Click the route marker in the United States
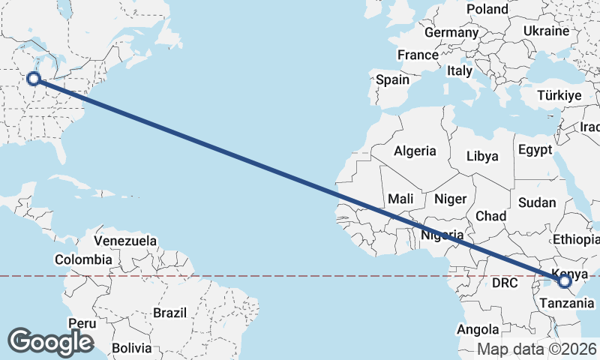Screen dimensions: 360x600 click(33, 79)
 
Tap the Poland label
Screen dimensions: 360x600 click(487, 9)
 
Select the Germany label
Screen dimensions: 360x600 click(451, 33)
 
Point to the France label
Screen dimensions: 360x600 click(418, 55)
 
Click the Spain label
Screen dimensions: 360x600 click(392, 79)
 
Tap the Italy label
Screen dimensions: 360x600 click(460, 70)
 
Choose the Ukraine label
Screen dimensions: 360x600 click(546, 31)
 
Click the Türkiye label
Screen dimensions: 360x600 click(559, 96)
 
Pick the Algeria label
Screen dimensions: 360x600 click(415, 151)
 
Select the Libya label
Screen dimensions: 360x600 click(482, 157)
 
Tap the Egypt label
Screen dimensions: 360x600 click(535, 148)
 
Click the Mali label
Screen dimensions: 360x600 click(401, 199)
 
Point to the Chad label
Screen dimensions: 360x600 click(491, 216)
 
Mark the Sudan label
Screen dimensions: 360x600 click(537, 202)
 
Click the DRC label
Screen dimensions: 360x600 click(505, 283)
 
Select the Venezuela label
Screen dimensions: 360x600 click(125, 241)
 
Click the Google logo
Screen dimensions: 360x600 click(50, 342)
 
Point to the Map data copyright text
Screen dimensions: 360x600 click(537, 349)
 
